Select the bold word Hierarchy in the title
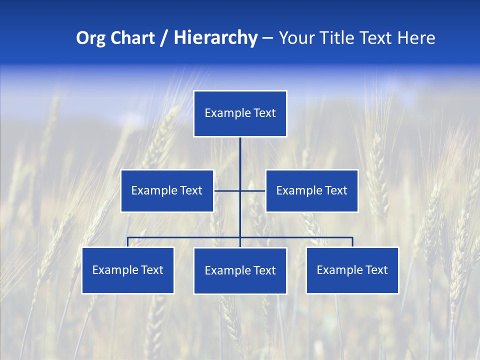coord(215,38)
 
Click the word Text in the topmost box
coord(264,113)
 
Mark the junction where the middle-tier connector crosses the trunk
coord(240,190)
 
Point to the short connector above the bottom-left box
coord(128,242)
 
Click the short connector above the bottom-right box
coord(352,242)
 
